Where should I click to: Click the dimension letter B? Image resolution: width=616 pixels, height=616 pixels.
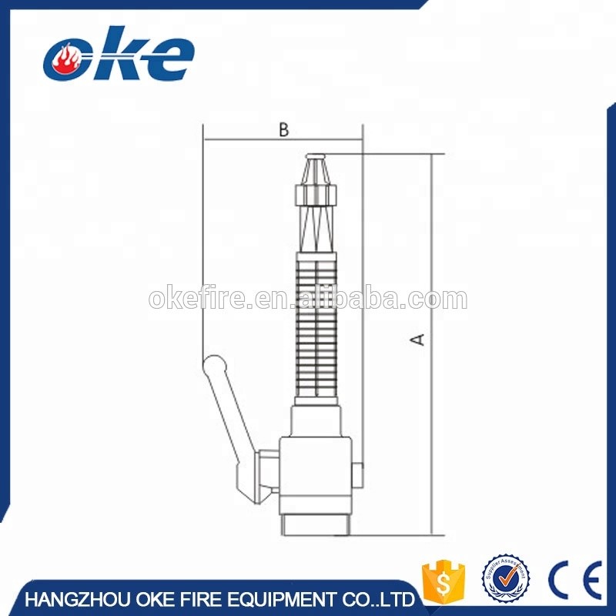coord(283,130)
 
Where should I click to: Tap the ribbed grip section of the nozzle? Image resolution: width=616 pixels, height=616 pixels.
coord(316,323)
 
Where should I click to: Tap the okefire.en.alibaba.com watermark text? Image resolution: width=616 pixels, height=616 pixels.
coord(307,299)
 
